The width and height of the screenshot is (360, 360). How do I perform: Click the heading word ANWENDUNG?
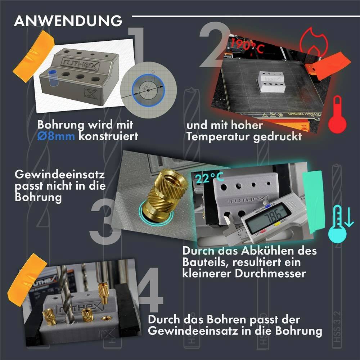pos(68,21)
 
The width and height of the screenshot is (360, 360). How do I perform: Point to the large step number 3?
pos(104,220)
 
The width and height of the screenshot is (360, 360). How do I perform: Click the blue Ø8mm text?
pos(56,137)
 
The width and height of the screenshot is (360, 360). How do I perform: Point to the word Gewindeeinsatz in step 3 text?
pos(59,175)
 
